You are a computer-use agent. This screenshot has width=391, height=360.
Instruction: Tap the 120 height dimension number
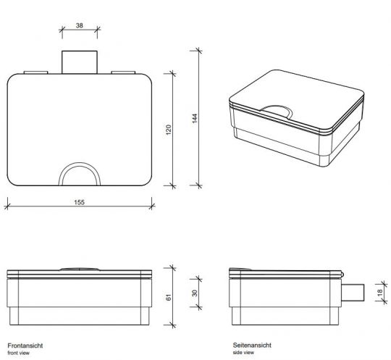pos(167,130)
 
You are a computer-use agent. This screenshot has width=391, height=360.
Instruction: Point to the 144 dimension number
pos(194,119)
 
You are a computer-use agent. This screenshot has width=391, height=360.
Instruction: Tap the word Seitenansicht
pos(250,347)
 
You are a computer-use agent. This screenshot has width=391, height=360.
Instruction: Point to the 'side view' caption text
pos(245,354)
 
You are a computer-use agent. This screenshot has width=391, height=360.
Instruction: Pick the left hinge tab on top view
pos(35,72)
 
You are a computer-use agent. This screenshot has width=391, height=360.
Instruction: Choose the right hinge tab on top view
pos(122,72)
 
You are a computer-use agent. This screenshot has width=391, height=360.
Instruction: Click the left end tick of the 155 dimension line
pos(7,206)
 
